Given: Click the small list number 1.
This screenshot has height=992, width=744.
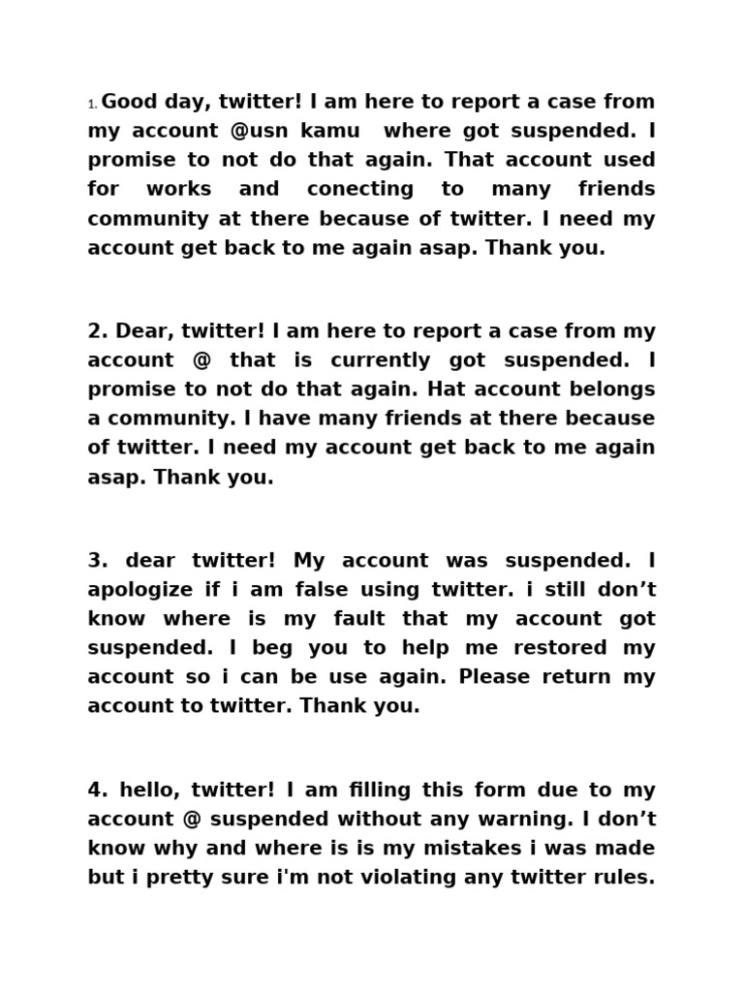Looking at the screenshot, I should point(93,105).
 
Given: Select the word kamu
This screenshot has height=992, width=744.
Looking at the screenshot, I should point(334,131).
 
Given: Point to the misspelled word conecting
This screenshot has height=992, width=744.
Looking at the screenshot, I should point(359,189).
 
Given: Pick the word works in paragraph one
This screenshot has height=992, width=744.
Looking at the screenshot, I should point(179,189).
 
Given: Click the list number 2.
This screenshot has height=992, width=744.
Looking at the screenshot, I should point(97,331).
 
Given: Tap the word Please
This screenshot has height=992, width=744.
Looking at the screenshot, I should point(493,677).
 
